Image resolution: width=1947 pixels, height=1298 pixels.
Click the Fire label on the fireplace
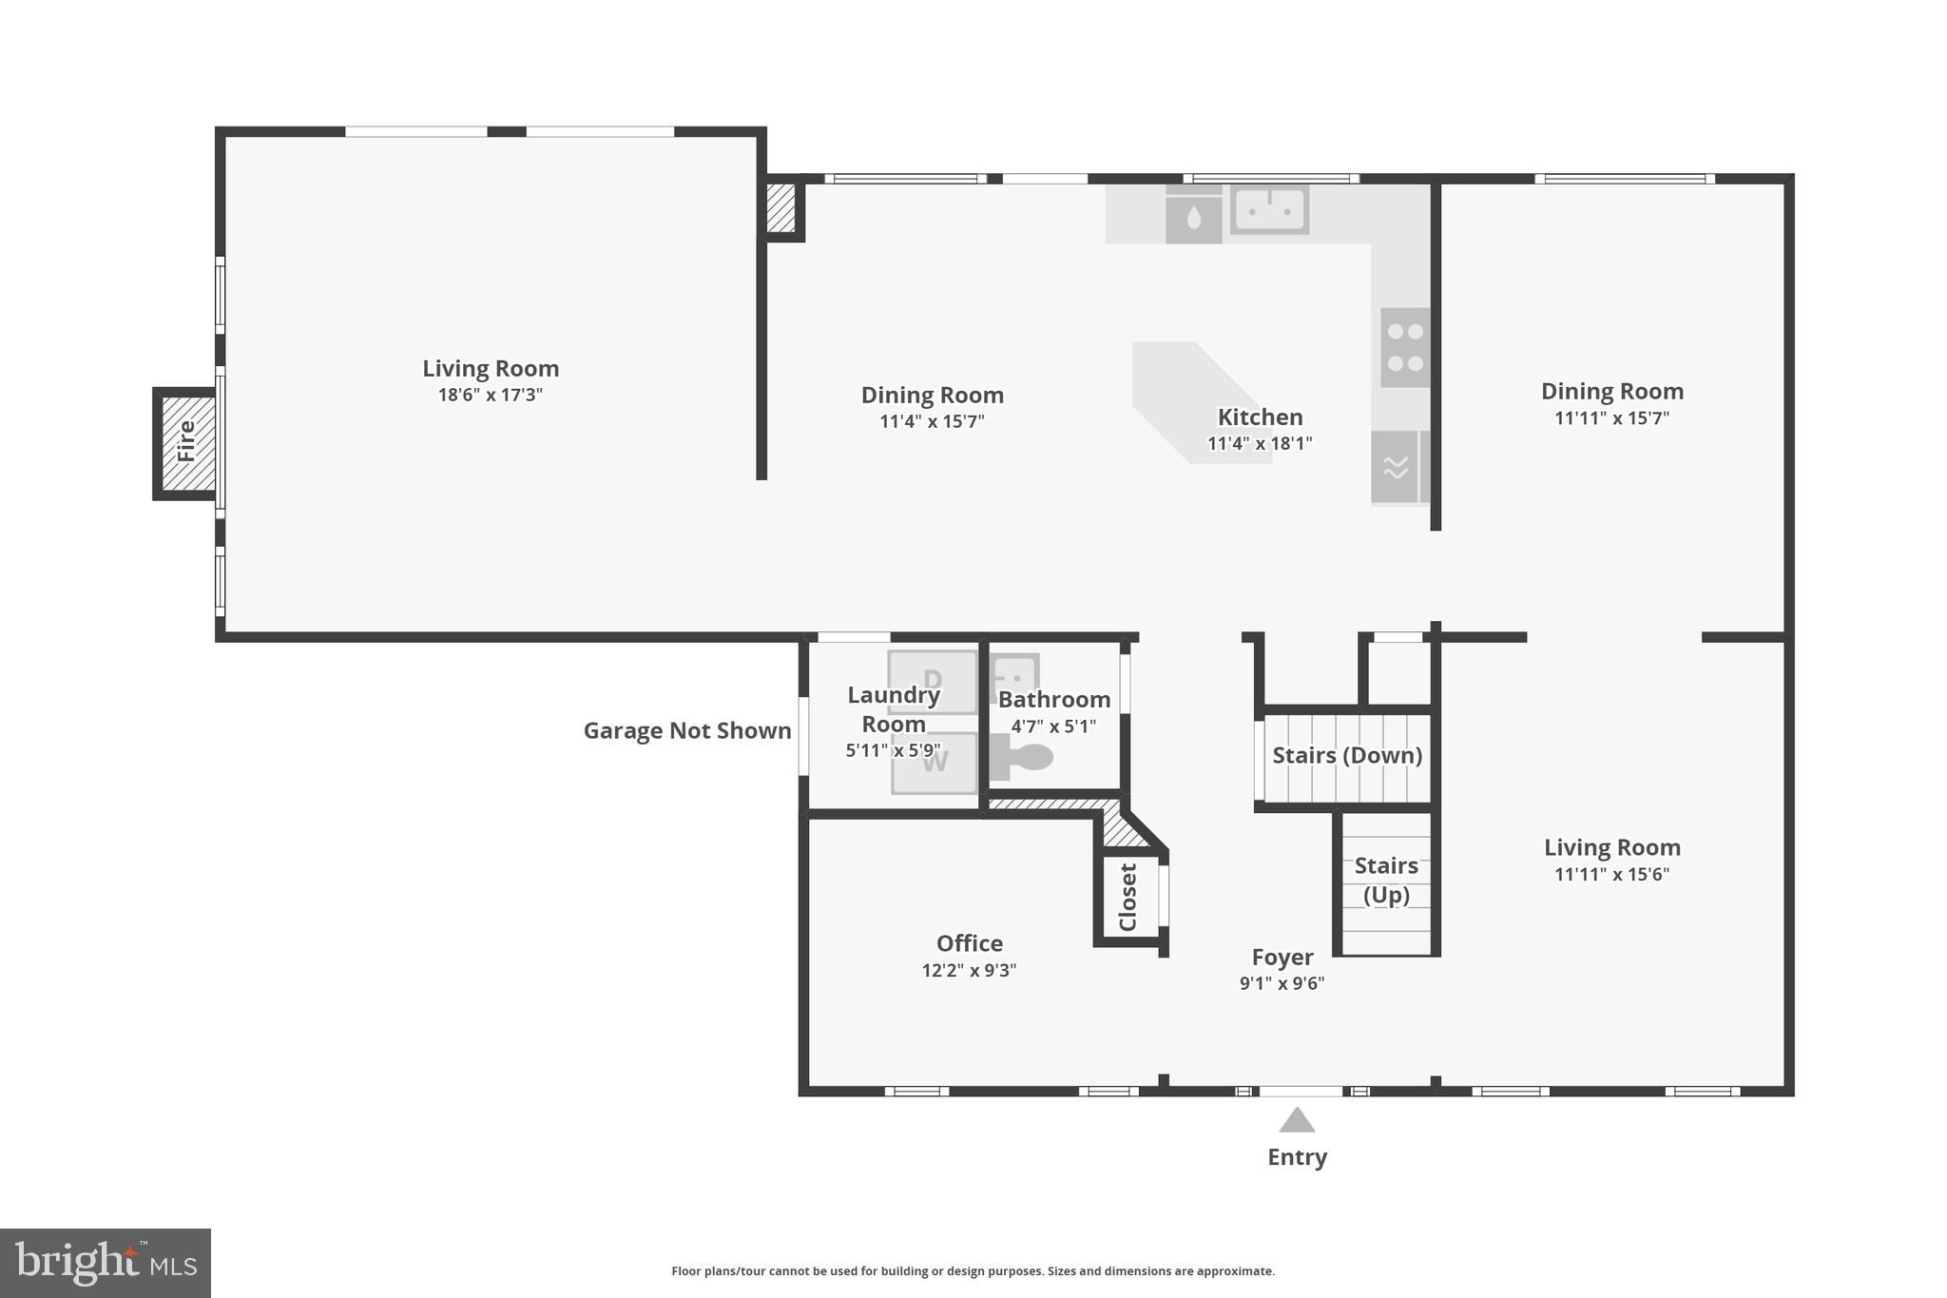(186, 442)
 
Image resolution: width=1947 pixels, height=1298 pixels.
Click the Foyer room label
(1282, 958)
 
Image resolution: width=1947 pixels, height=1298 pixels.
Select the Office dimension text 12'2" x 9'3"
(969, 971)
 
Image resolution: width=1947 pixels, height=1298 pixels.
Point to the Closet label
(1128, 897)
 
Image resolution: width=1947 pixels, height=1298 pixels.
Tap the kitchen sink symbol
(1269, 208)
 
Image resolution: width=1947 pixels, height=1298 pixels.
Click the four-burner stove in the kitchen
(1404, 347)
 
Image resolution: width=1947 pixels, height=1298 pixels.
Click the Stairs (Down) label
(1347, 755)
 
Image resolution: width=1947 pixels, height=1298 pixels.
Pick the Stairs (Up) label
(1386, 880)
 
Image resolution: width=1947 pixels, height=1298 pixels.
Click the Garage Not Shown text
(686, 730)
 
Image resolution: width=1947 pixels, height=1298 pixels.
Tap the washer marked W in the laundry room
(935, 763)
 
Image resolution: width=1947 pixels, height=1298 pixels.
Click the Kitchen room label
(1260, 417)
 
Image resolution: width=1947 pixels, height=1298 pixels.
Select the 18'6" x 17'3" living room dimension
(490, 395)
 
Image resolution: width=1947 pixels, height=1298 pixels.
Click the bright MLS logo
(106, 1263)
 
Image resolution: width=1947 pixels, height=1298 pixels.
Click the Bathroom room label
(1053, 700)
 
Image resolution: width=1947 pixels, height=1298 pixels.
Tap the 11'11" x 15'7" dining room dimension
(1611, 418)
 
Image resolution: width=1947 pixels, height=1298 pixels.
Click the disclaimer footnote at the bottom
(973, 1271)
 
